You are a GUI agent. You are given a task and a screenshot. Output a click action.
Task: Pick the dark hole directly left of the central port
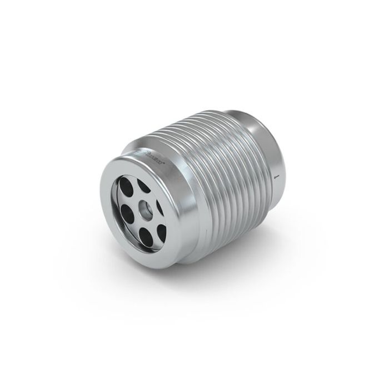tap(127, 211)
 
